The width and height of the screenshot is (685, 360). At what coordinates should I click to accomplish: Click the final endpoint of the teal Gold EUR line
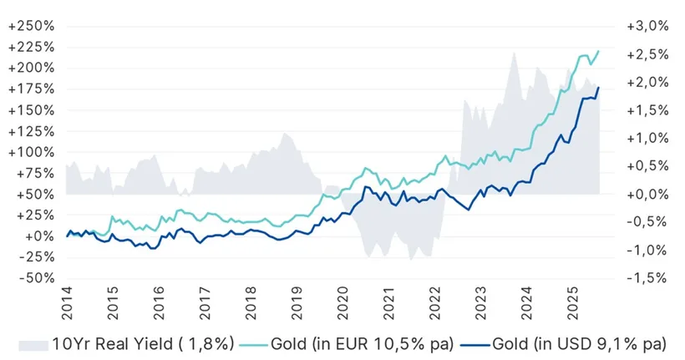pos(599,51)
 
